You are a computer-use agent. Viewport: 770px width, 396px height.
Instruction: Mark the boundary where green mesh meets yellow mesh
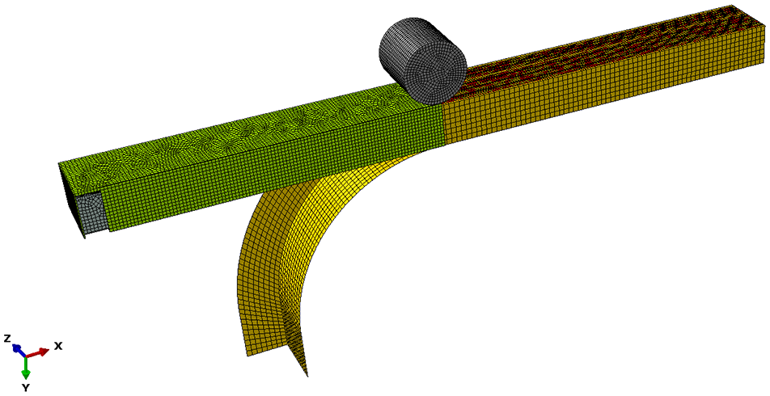(x=443, y=125)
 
